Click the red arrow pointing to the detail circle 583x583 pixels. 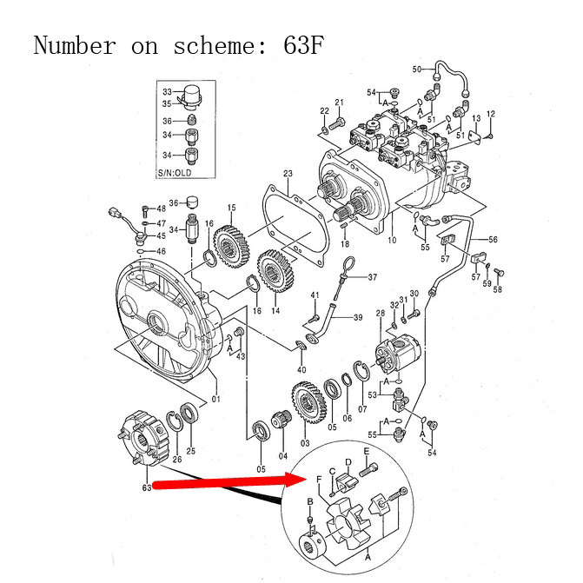229,481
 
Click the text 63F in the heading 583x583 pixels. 304,45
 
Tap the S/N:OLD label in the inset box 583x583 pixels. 175,173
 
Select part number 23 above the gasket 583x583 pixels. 288,173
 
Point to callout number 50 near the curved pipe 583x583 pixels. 417,70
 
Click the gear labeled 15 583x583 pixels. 232,245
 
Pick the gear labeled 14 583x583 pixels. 275,270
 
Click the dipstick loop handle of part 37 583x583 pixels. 348,266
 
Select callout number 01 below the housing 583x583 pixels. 216,399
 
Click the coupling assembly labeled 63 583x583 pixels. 143,439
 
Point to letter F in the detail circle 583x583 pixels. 319,480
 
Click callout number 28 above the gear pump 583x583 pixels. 381,313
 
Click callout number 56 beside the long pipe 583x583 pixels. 493,240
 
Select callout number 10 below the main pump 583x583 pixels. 392,240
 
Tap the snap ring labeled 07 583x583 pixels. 361,371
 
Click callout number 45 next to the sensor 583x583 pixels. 161,235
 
